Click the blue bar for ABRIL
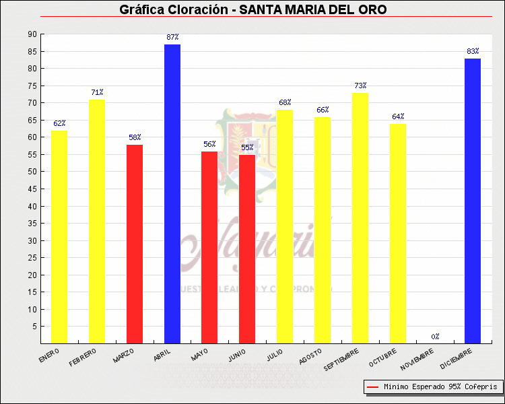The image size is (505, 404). pyautogui.click(x=172, y=194)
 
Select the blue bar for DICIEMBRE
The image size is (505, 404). pyautogui.click(x=473, y=201)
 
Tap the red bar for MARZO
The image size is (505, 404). pyautogui.click(x=135, y=244)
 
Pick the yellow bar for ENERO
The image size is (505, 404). pyautogui.click(x=59, y=237)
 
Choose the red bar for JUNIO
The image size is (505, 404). pyautogui.click(x=247, y=249)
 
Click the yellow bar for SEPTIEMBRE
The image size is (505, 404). pyautogui.click(x=360, y=218)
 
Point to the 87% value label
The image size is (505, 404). pyautogui.click(x=172, y=37)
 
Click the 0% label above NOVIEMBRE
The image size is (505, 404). pyautogui.click(x=436, y=336)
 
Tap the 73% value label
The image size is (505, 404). pyautogui.click(x=360, y=86)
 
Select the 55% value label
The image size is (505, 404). pyautogui.click(x=247, y=147)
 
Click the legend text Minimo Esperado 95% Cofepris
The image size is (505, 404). pyautogui.click(x=440, y=387)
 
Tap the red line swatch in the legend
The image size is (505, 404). pyautogui.click(x=372, y=387)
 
